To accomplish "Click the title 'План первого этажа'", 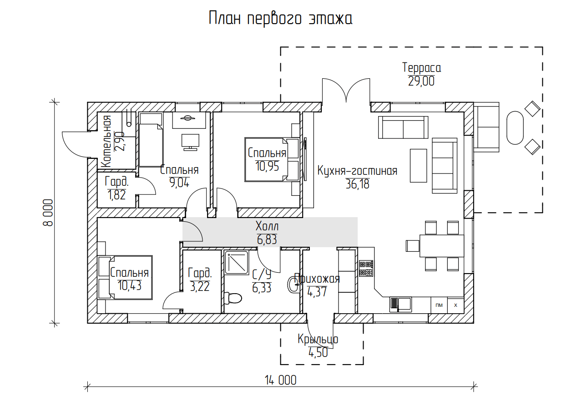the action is pyautogui.click(x=280, y=19).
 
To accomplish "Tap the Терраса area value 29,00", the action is pyautogui.click(x=421, y=81).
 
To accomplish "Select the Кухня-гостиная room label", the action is pyautogui.click(x=357, y=171).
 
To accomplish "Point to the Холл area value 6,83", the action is pyautogui.click(x=267, y=239).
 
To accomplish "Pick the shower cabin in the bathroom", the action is pyautogui.click(x=237, y=263).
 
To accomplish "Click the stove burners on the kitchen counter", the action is pyautogui.click(x=366, y=268).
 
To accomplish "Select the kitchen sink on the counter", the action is pyautogui.click(x=400, y=305).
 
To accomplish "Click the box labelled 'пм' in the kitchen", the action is pyautogui.click(x=439, y=305).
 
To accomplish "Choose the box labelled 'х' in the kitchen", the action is pyautogui.click(x=455, y=305).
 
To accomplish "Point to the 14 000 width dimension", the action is pyautogui.click(x=280, y=381).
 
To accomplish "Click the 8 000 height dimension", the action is pyautogui.click(x=48, y=213).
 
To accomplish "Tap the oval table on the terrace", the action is pyautogui.click(x=515, y=128).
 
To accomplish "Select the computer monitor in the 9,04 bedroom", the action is pyautogui.click(x=191, y=142).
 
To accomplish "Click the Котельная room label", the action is pyautogui.click(x=106, y=142).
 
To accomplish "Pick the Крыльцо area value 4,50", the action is pyautogui.click(x=318, y=353).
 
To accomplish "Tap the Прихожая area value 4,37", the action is pyautogui.click(x=317, y=292).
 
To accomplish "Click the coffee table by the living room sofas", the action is pyautogui.click(x=419, y=165).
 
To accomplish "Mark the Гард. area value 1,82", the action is pyautogui.click(x=116, y=195).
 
